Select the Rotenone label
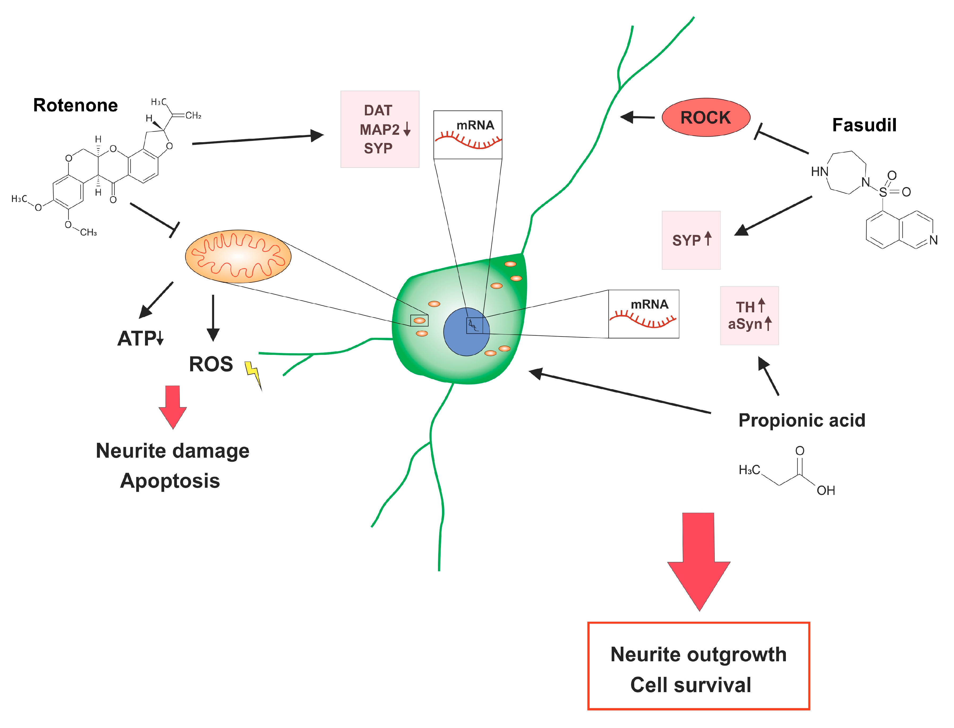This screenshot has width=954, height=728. (x=75, y=105)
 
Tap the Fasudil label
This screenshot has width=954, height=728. (x=864, y=125)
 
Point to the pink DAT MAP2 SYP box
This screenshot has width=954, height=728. (x=380, y=129)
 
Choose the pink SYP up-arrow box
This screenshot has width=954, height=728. (x=691, y=241)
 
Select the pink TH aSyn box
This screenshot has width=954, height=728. (x=749, y=315)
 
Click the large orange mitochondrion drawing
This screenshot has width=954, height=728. (x=238, y=256)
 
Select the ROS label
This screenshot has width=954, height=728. (x=211, y=364)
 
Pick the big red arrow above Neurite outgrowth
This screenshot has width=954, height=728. (x=699, y=559)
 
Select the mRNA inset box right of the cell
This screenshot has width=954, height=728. (x=644, y=314)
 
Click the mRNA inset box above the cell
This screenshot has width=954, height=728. (x=468, y=135)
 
